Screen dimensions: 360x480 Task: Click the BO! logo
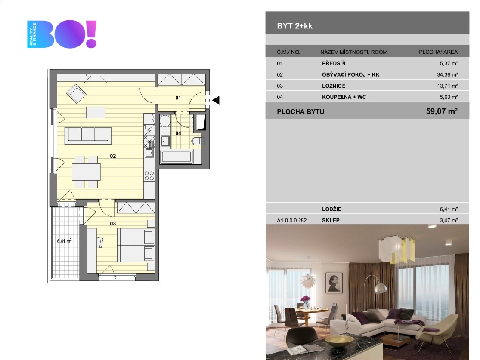62,34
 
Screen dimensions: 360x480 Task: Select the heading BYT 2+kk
295,26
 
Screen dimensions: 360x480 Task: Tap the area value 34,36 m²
447,74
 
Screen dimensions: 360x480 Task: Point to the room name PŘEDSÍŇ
334,63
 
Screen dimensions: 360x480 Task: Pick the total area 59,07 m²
441,112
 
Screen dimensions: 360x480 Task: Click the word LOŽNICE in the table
334,86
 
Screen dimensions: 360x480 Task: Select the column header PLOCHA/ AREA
438,52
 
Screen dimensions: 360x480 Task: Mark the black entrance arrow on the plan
216,100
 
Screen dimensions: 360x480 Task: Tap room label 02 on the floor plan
113,156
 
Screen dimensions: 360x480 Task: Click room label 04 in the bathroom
178,133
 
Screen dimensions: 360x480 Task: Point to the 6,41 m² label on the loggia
64,241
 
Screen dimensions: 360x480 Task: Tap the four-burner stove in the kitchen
149,175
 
